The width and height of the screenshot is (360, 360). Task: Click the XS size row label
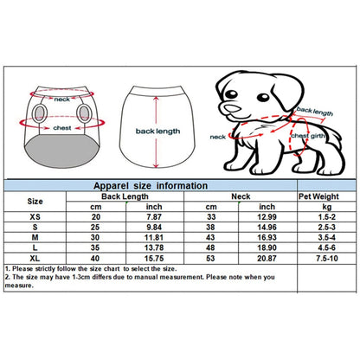[35, 217]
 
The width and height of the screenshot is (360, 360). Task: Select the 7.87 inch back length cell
[154, 217]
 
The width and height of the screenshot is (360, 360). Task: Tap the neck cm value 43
[210, 237]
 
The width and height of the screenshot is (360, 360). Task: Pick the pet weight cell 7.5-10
[326, 258]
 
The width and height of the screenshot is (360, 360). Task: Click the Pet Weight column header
[318, 196]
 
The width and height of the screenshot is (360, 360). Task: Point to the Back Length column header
[125, 196]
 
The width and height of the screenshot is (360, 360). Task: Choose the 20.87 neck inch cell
[267, 258]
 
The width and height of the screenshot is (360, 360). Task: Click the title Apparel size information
[151, 186]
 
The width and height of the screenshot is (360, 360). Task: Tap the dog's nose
[233, 109]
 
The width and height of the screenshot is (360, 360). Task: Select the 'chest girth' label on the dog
[307, 136]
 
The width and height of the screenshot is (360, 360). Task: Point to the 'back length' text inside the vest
[157, 132]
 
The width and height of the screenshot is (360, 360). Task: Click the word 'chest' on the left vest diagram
[62, 128]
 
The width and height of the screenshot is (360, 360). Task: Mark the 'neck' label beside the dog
[217, 137]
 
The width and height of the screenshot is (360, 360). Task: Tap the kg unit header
[326, 207]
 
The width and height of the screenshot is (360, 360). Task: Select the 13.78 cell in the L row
[154, 247]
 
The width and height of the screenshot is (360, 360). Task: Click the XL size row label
[35, 258]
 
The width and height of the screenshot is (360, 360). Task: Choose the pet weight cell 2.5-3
[326, 228]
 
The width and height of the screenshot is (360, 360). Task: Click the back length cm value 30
[95, 237]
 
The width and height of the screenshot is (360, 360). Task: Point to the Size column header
[35, 202]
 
